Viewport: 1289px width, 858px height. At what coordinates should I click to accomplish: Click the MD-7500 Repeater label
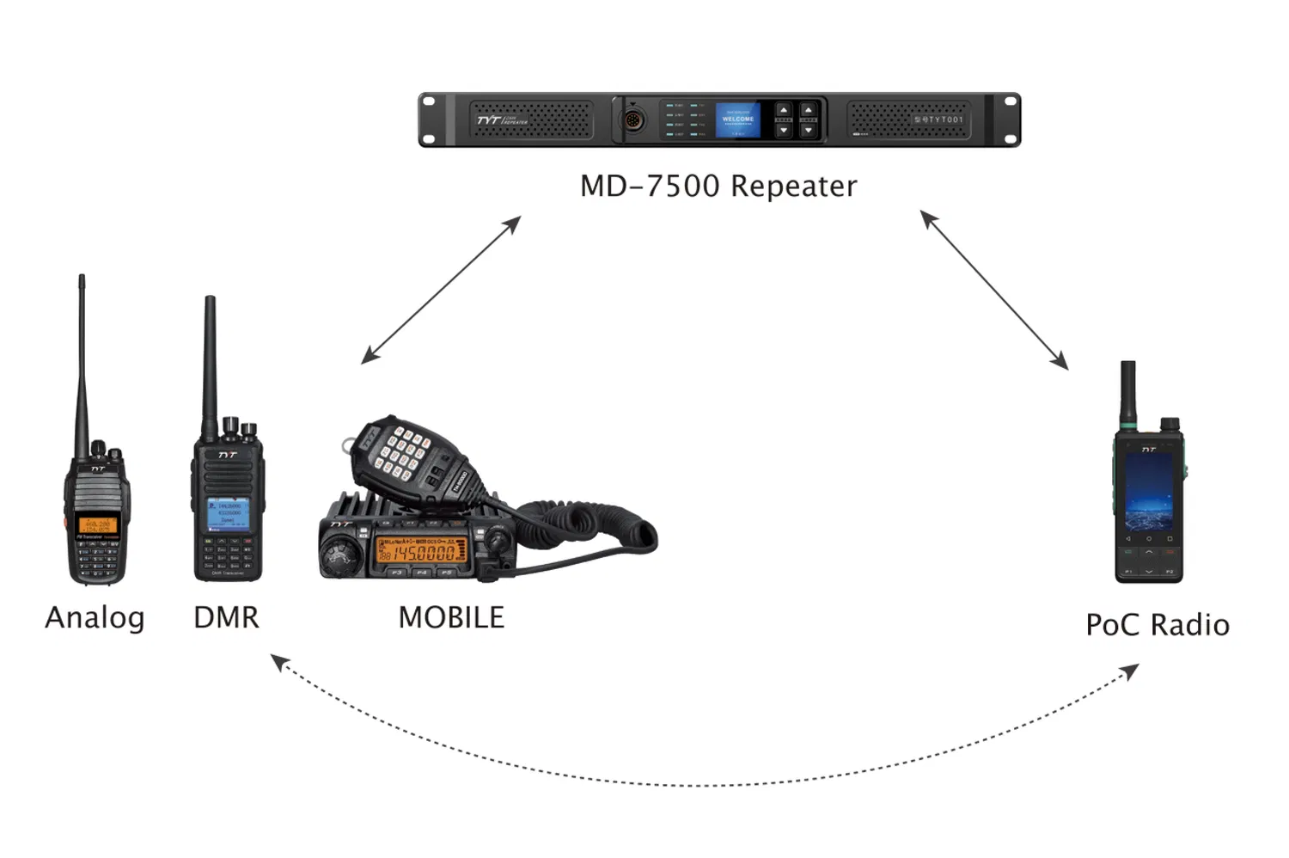tap(718, 186)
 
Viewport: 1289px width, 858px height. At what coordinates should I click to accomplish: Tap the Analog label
tap(95, 617)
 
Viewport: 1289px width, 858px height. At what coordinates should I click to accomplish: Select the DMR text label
tap(226, 617)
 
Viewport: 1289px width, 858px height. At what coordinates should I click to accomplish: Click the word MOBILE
tap(451, 617)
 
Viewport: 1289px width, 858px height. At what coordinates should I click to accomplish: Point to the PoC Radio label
tap(1157, 625)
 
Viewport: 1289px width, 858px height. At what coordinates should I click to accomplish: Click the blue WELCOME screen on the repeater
tap(738, 120)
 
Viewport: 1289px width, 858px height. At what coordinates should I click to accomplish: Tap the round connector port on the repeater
tap(633, 120)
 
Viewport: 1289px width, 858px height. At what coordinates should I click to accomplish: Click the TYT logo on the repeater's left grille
tap(490, 120)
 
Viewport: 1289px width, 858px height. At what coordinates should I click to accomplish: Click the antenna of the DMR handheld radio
tap(210, 361)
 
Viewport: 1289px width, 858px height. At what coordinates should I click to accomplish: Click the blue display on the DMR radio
tap(228, 513)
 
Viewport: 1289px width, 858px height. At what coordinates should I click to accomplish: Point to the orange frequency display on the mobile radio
tap(421, 552)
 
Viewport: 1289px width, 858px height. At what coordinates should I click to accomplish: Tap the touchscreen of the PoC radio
tap(1148, 492)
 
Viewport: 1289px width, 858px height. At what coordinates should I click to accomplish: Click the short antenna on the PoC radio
tap(1128, 394)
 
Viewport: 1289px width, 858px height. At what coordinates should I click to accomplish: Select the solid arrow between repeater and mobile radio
tap(441, 290)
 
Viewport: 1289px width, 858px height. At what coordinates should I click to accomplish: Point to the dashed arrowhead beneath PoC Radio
tap(1132, 671)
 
